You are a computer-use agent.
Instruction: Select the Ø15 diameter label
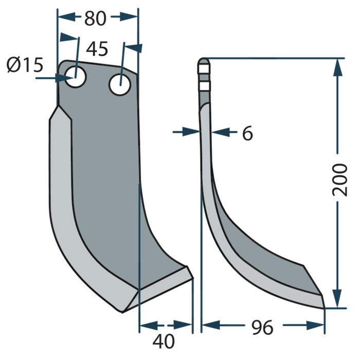pos(24,65)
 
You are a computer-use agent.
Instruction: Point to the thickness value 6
pos(247,134)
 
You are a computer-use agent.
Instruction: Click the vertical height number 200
pos(339,179)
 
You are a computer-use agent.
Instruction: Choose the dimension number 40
pos(164,340)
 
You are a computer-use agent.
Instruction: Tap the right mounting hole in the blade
pos(119,83)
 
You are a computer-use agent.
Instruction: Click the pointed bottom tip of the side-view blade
pos(324,308)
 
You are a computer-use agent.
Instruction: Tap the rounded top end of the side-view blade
pos(204,61)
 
